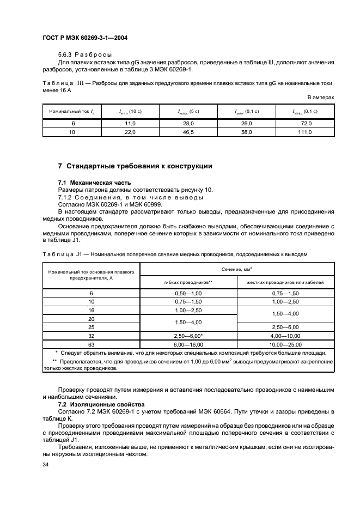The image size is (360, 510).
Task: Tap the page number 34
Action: [x=46, y=464]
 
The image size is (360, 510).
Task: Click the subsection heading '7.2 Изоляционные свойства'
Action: [x=101, y=404]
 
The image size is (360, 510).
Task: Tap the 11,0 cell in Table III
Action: [x=130, y=124]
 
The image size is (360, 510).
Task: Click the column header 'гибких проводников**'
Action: [x=188, y=283]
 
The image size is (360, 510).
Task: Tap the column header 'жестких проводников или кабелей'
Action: [x=285, y=283]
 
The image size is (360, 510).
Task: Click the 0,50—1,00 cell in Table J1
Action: [x=188, y=293]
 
